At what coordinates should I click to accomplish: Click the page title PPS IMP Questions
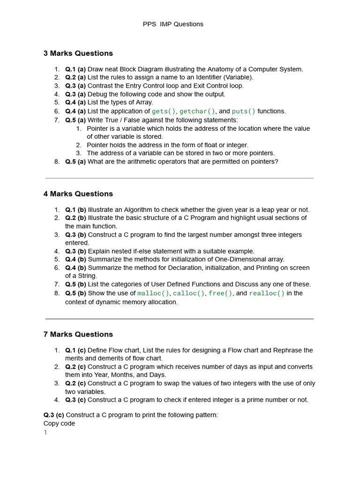point(173,24)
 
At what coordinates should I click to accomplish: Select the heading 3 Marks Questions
point(78,53)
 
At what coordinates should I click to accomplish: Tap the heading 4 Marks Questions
point(78,194)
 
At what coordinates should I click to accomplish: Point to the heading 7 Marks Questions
point(78,335)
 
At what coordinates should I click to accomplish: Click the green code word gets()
point(164,112)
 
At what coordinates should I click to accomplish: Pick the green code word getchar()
point(197,112)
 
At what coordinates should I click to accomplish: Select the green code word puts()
point(244,112)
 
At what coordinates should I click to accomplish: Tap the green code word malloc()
point(153,293)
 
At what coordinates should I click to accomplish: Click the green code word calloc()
point(189,293)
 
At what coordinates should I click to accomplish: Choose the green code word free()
point(220,293)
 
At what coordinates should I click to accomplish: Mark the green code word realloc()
point(267,293)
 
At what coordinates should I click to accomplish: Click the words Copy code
point(59,423)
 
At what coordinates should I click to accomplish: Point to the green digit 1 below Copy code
point(45,433)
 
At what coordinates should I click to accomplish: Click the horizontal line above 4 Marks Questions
point(179,178)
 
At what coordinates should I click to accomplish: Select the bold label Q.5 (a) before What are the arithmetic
point(75,162)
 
